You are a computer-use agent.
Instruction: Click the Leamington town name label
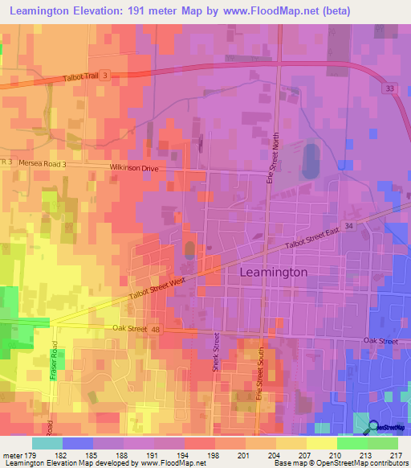(274, 273)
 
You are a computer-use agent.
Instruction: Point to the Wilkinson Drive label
(137, 168)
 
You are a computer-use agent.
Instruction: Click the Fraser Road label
(55, 365)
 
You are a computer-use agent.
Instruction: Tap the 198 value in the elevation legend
(212, 454)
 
